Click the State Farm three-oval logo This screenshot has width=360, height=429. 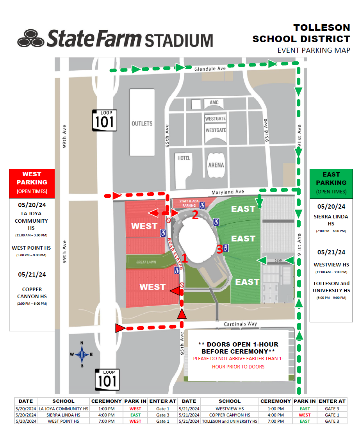coord(30,38)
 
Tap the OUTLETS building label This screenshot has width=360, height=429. coord(142,123)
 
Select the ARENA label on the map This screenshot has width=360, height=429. coord(216,165)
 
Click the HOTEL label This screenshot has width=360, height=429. coord(184,158)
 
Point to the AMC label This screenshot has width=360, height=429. coord(214,103)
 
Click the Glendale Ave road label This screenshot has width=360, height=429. coord(210,69)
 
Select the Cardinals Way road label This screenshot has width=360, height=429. coord(241,324)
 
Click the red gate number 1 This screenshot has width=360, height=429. coord(185,258)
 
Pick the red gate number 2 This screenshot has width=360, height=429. coord(195,214)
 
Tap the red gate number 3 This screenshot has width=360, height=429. coord(219,248)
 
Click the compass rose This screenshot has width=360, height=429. coord(82,355)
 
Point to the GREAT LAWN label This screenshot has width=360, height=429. coord(146,262)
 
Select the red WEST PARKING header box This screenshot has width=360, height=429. coord(32,182)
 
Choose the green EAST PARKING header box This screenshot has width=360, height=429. coord(331,182)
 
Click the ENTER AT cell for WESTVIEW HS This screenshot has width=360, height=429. coord(332,409)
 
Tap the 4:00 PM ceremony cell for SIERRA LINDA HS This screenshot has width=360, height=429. coord(107,415)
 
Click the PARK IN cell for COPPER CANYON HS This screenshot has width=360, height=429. coord(305,415)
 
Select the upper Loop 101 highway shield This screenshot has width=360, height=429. coord(105,120)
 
